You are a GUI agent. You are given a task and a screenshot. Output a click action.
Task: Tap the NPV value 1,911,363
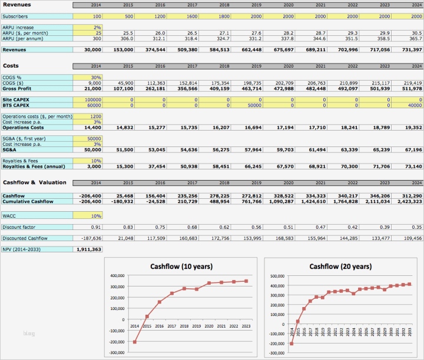point(88,249)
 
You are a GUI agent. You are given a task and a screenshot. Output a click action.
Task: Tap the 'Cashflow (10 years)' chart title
point(181,267)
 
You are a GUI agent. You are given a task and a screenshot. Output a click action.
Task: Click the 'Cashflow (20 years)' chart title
point(341,267)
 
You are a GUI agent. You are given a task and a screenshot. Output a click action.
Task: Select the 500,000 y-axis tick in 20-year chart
point(277,275)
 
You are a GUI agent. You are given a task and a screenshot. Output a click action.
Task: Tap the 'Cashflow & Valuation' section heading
point(35,182)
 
